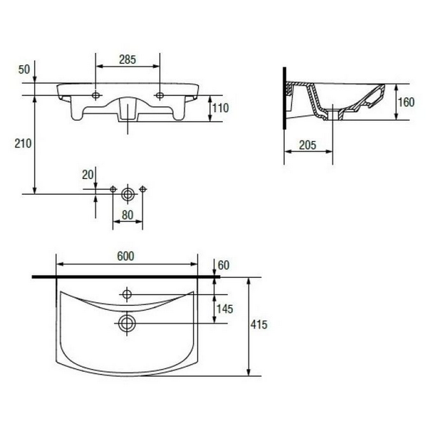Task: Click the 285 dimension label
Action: tap(128, 60)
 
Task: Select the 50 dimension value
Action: tap(24, 69)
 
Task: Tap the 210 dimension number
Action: tap(23, 143)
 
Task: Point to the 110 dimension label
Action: tap(220, 108)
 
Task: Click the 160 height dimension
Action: tap(407, 102)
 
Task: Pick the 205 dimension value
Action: tap(308, 145)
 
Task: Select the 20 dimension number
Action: tap(88, 175)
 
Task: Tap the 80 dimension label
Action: tap(128, 215)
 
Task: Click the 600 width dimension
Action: tap(125, 256)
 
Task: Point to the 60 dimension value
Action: tap(224, 265)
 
